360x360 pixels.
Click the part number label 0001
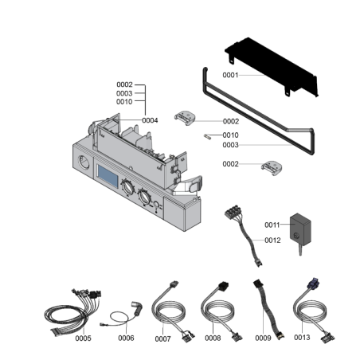[230, 75]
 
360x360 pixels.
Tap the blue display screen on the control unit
[108, 176]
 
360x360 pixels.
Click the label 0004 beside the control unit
[150, 120]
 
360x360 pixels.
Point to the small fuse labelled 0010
[207, 137]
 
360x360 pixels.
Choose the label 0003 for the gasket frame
[230, 145]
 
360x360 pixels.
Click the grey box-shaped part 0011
[300, 229]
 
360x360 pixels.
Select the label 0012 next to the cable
[272, 241]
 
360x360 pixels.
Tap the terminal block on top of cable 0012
[233, 212]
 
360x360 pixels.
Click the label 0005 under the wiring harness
[83, 338]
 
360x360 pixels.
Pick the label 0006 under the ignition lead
[126, 338]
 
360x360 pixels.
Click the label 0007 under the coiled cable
[162, 338]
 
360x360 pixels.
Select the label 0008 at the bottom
[213, 338]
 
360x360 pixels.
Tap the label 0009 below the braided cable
[263, 338]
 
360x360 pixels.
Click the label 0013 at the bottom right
[302, 337]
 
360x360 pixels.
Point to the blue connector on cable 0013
[313, 284]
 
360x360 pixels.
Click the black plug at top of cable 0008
[223, 286]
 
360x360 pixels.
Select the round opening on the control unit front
[84, 162]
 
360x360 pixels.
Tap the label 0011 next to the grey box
[272, 225]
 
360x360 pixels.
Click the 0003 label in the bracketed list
[124, 93]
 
